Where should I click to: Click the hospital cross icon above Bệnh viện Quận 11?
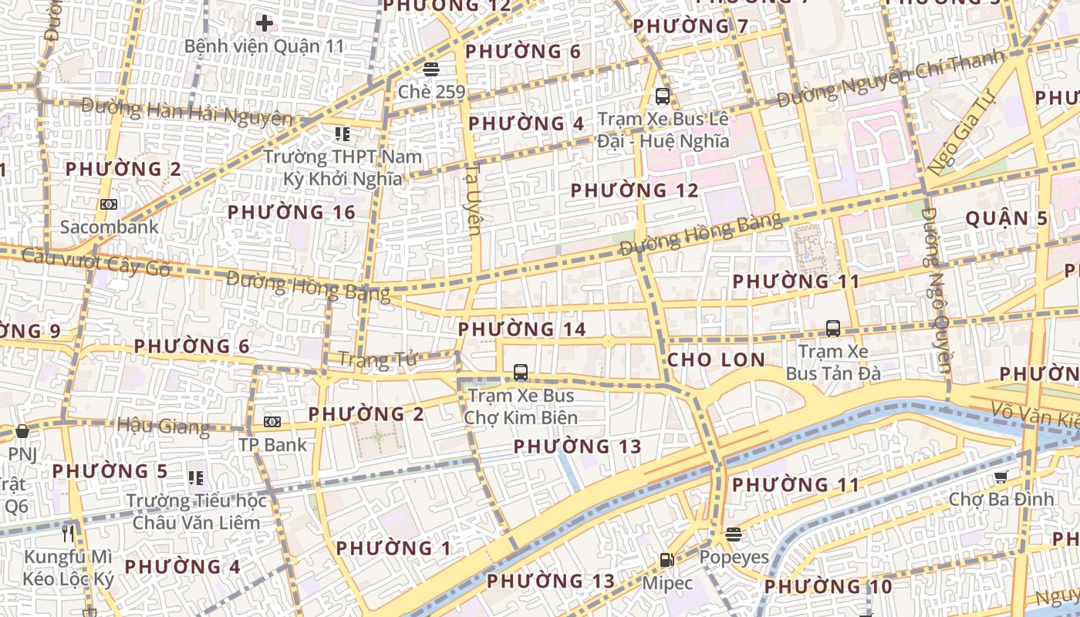pos(265,23)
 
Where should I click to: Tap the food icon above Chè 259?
pos(431,69)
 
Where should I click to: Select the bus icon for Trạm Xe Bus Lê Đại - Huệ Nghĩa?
pos(662,96)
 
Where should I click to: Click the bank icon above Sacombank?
pos(109,204)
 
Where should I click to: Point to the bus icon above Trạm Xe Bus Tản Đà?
pos(833,329)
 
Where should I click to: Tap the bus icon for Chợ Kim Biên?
pos(521,373)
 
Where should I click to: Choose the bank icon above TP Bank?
pos(272,422)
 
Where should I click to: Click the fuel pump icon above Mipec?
pos(667,560)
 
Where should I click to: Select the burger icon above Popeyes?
pos(734,534)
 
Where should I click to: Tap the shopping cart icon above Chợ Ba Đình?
pos(1001,477)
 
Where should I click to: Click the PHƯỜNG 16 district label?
pos(292,212)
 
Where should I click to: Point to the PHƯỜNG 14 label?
pos(522,329)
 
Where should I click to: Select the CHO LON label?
pos(716,359)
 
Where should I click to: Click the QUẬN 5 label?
pos(1007,218)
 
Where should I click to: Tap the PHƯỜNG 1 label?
pos(393,548)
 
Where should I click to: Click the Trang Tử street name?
pos(377,359)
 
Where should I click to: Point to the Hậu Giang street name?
pos(163,427)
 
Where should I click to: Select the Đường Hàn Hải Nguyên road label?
pos(187,112)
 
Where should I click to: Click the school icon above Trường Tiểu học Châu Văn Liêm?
pos(196,478)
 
